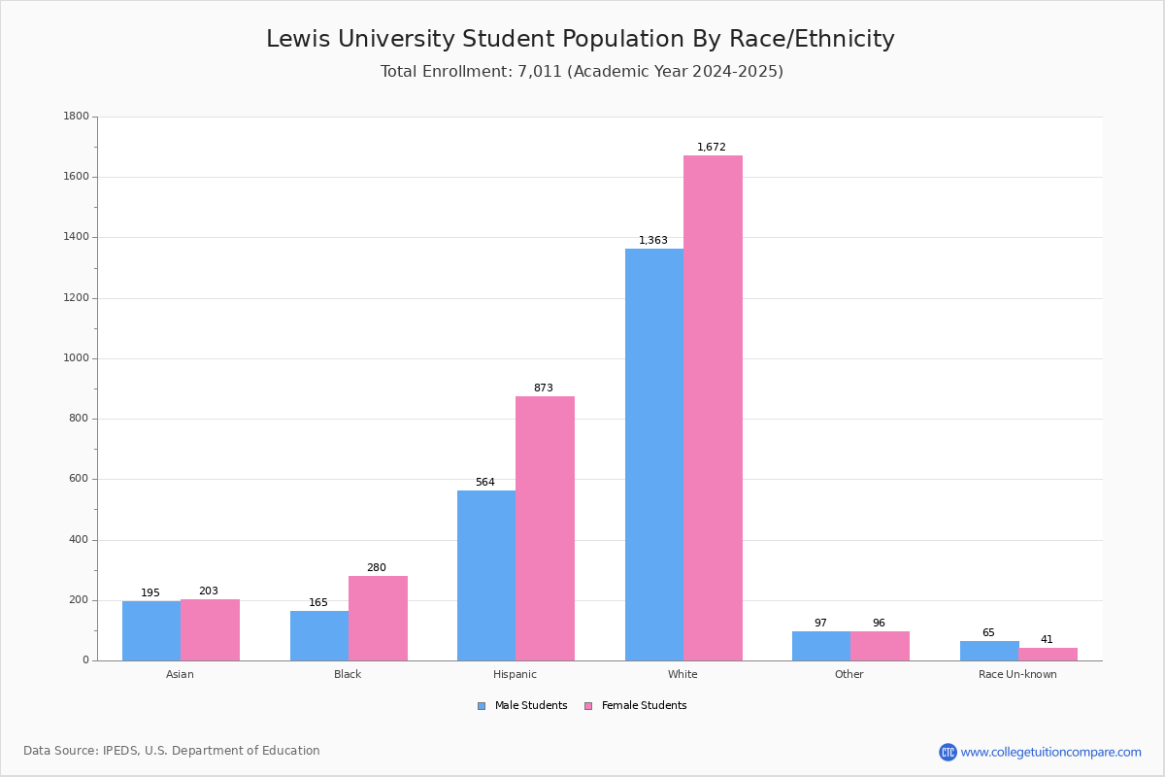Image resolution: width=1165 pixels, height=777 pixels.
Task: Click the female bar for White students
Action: [x=713, y=408]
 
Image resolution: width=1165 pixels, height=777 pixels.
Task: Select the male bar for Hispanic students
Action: [x=486, y=575]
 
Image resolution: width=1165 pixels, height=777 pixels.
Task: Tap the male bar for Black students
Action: [x=319, y=635]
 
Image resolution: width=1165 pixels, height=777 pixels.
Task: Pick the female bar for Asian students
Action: [x=210, y=629]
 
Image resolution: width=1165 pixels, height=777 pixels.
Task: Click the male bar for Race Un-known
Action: [x=989, y=651]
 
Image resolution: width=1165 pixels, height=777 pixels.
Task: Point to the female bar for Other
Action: [x=880, y=646]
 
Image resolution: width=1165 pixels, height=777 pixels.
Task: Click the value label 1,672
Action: [x=711, y=148]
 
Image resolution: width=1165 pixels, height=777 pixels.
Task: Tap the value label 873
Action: [x=543, y=388]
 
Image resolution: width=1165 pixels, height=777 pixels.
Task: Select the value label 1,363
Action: [x=652, y=241]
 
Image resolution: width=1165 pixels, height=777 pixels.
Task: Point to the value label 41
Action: [x=1047, y=640]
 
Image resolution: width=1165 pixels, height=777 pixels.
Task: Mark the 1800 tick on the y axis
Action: [x=76, y=117]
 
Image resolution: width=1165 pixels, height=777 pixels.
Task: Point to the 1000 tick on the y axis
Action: [x=76, y=358]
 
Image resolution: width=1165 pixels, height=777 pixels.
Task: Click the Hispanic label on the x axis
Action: [x=515, y=675]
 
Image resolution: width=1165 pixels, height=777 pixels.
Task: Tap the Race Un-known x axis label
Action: [x=1017, y=675]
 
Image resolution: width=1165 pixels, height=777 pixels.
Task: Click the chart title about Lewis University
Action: [x=581, y=40]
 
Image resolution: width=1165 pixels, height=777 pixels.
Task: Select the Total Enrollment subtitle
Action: [x=582, y=72]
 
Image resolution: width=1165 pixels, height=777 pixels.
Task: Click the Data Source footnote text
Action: [x=172, y=751]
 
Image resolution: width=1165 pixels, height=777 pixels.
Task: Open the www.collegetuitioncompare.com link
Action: [x=1049, y=752]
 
